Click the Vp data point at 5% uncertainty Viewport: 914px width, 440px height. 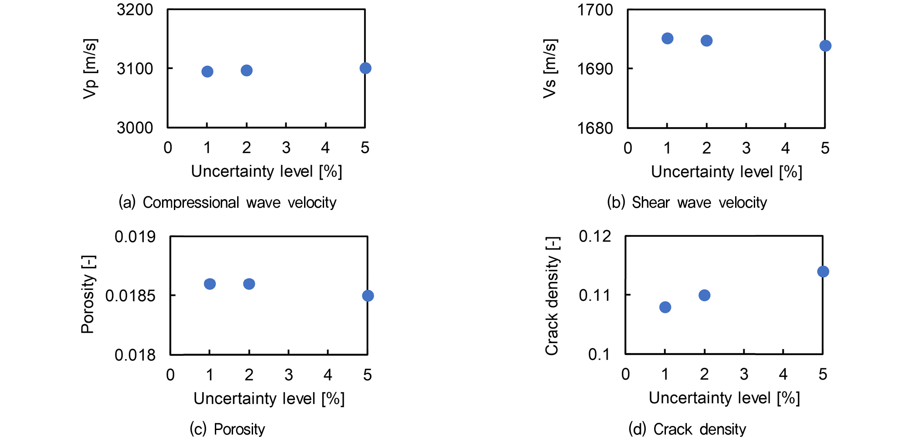(x=365, y=68)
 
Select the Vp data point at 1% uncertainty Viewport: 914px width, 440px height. (x=207, y=71)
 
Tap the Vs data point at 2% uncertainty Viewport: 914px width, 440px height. (x=706, y=41)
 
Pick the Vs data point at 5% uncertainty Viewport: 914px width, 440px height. (x=825, y=46)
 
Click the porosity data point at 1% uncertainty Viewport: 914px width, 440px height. (x=210, y=284)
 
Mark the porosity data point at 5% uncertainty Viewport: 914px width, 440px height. (x=368, y=296)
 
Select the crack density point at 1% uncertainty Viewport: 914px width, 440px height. (x=665, y=307)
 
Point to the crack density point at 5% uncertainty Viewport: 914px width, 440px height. (x=823, y=272)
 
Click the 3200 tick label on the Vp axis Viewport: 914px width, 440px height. (x=135, y=10)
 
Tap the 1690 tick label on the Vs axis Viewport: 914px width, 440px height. (x=595, y=69)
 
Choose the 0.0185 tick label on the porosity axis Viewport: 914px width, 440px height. (x=130, y=296)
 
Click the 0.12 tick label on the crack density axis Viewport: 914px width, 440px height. (x=595, y=236)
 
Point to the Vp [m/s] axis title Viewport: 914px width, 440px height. (x=90, y=69)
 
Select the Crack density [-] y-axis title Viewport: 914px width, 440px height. (x=552, y=296)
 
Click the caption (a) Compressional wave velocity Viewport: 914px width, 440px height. (x=228, y=202)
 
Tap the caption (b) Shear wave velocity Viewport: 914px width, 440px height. (x=687, y=202)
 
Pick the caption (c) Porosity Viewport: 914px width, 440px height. (x=227, y=429)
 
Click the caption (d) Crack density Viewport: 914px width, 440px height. (x=687, y=429)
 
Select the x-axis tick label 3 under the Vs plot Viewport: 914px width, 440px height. (x=746, y=148)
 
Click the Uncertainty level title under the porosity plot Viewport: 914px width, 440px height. (x=269, y=399)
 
